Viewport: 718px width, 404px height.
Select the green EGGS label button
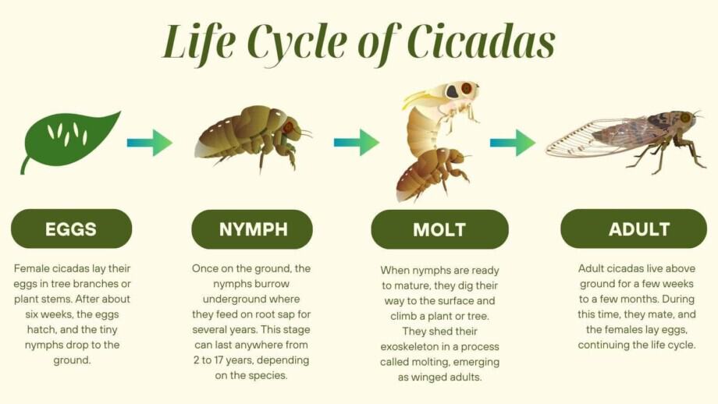point(71,229)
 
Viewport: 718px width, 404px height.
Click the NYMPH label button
point(252,229)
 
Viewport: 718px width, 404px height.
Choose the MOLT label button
point(439,229)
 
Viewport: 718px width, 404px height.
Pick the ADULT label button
point(634,229)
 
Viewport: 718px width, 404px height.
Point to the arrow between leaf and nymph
point(149,143)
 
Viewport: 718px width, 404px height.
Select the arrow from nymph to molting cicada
point(356,143)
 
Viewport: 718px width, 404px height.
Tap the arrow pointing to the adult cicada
point(513,143)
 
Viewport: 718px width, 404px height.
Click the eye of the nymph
point(288,127)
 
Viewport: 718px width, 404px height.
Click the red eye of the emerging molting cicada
point(466,88)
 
